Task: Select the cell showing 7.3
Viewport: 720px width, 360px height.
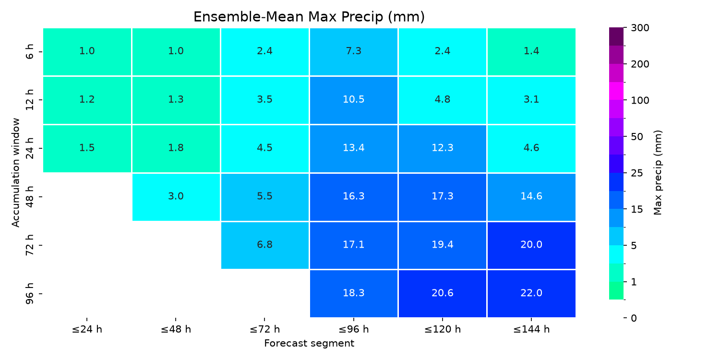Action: point(354,52)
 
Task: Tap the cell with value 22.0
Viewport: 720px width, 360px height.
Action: point(531,294)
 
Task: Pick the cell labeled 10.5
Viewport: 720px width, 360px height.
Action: point(354,100)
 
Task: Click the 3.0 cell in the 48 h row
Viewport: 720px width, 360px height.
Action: point(176,197)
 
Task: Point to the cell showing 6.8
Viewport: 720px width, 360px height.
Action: point(265,245)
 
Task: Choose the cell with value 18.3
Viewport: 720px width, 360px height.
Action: point(354,294)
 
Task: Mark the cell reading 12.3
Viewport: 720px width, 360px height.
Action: point(442,148)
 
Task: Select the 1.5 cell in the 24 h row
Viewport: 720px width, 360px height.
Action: point(87,148)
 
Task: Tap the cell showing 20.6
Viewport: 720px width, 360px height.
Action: point(442,294)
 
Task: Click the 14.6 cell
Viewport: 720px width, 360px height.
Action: point(531,197)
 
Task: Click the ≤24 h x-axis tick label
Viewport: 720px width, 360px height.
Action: point(87,329)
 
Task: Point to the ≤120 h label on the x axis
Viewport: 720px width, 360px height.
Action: point(442,329)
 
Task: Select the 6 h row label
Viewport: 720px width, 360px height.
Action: point(30,51)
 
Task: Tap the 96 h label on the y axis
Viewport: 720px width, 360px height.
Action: point(30,293)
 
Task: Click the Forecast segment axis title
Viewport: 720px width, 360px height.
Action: point(309,343)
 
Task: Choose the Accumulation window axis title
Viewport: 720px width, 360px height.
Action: point(16,173)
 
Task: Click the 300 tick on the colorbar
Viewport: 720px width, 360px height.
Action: point(640,28)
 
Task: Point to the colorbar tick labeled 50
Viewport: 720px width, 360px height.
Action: point(637,137)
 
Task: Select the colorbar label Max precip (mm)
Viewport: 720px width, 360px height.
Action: point(658,173)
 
